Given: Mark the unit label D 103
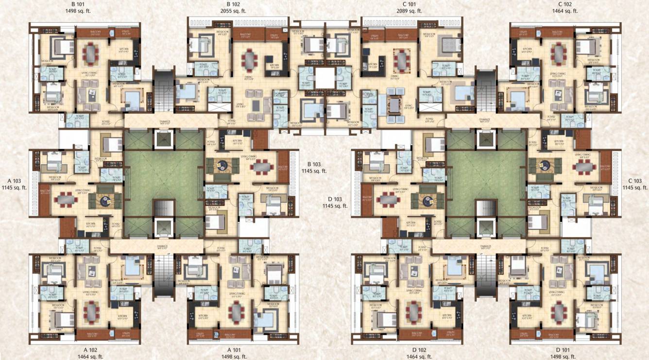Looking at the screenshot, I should [x=335, y=199].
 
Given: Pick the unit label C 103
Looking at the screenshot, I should [x=634, y=180].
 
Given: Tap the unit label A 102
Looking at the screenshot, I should [x=90, y=349].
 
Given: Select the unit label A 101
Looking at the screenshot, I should [x=236, y=349].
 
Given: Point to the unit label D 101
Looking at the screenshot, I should [x=564, y=349].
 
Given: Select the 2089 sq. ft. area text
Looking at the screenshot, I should [x=409, y=11].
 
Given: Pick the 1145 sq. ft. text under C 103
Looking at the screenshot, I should [x=634, y=187].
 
